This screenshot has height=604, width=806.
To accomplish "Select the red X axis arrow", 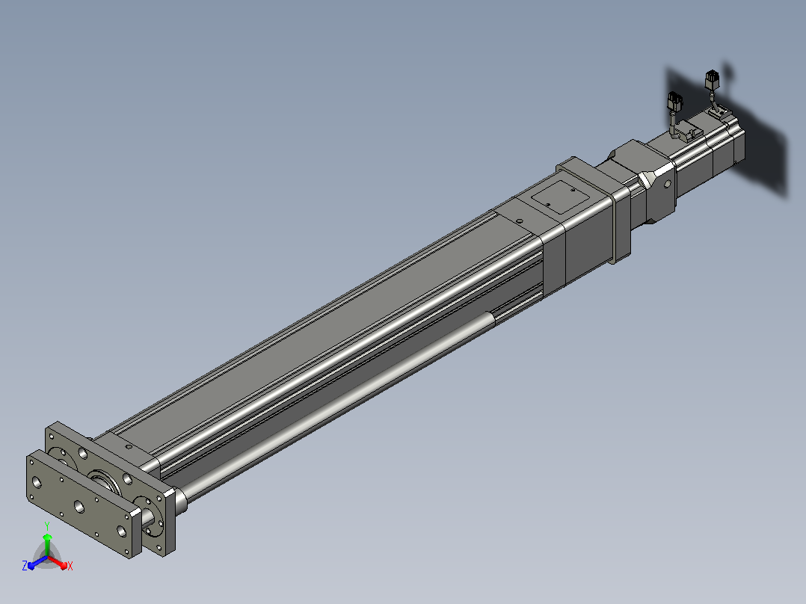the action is [58, 562].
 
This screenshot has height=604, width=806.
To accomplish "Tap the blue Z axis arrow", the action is [37, 562].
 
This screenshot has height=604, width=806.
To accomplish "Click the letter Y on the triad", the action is [47, 526].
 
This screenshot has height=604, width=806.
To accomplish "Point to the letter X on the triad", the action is [70, 566].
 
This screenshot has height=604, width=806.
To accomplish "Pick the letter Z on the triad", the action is [25, 566].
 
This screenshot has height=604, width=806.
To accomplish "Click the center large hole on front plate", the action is [79, 508].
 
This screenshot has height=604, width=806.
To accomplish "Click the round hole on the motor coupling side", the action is [668, 183].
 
